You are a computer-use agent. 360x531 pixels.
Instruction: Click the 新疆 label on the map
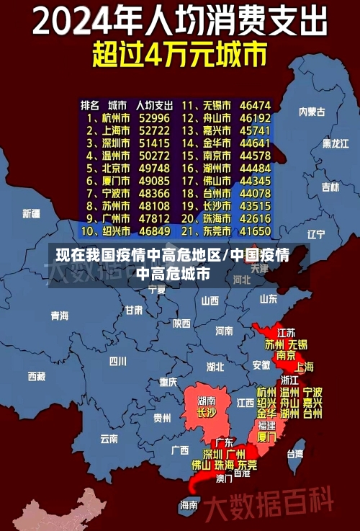tap(31, 213)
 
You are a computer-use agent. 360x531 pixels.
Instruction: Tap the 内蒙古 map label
tap(312, 112)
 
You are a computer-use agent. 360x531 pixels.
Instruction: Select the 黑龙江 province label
tap(336, 143)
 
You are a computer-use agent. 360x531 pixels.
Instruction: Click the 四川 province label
tap(117, 360)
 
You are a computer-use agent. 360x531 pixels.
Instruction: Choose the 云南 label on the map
tap(109, 438)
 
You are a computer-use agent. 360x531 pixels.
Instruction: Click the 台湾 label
tap(295, 454)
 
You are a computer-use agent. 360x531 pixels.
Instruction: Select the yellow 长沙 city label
tap(207, 413)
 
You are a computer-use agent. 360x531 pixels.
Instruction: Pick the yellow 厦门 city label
tap(266, 437)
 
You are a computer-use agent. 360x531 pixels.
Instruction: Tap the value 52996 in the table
tap(154, 117)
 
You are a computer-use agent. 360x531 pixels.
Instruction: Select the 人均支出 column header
tap(154, 104)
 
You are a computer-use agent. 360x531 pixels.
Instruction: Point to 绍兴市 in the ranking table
tap(115, 231)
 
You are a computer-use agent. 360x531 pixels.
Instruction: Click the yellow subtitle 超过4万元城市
tap(179, 55)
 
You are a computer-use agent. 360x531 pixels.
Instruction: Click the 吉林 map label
tap(330, 187)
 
